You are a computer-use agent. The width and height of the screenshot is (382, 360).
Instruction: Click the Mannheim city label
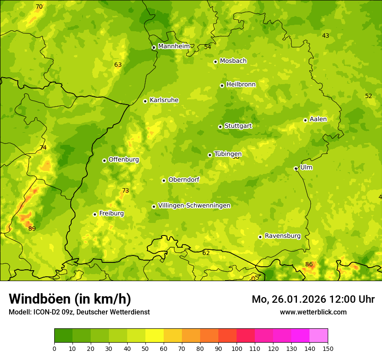click(x=174, y=46)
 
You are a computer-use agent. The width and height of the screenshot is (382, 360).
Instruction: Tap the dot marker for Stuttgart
click(x=220, y=127)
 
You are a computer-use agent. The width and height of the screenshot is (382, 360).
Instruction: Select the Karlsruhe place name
click(x=164, y=100)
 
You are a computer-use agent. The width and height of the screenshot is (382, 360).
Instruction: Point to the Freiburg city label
click(x=112, y=213)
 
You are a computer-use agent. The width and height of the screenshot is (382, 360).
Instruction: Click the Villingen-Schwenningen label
click(x=194, y=206)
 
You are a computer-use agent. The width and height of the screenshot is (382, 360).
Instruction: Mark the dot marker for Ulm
click(x=296, y=168)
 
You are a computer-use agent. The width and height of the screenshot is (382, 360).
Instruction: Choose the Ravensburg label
click(x=283, y=236)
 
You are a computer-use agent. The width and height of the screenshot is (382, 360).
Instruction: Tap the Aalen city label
click(x=318, y=119)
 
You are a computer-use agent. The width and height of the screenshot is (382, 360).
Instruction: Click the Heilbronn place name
click(x=241, y=85)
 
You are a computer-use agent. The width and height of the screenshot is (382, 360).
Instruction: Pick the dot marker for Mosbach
click(x=215, y=62)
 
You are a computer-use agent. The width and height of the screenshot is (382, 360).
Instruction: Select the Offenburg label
click(x=124, y=160)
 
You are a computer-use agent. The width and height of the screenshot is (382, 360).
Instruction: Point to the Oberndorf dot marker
click(x=164, y=180)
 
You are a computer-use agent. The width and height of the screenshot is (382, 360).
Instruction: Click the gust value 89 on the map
click(x=32, y=229)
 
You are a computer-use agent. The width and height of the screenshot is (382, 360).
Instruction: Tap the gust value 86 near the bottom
click(x=309, y=264)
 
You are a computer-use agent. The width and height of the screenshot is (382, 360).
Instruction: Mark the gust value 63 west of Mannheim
click(x=118, y=65)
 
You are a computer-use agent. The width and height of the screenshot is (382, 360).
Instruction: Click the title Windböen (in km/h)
click(x=70, y=299)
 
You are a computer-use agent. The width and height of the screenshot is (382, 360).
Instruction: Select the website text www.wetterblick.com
click(x=313, y=312)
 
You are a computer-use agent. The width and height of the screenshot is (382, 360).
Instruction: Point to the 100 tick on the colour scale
click(x=237, y=348)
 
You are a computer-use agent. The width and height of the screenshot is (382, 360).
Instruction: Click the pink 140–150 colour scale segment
click(x=319, y=336)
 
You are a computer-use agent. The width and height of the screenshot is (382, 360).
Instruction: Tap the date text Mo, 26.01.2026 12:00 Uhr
click(x=313, y=299)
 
